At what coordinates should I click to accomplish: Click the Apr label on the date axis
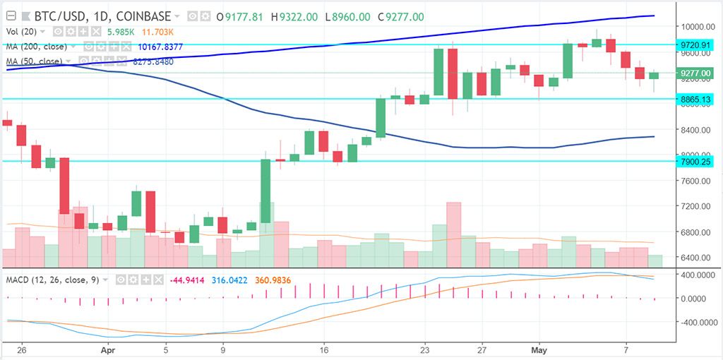[108, 349]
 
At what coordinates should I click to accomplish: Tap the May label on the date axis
[540, 349]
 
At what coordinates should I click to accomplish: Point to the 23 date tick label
[425, 349]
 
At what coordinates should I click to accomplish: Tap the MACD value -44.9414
[186, 280]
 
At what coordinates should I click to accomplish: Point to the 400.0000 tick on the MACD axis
[695, 274]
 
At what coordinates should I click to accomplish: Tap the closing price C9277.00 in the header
[404, 16]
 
